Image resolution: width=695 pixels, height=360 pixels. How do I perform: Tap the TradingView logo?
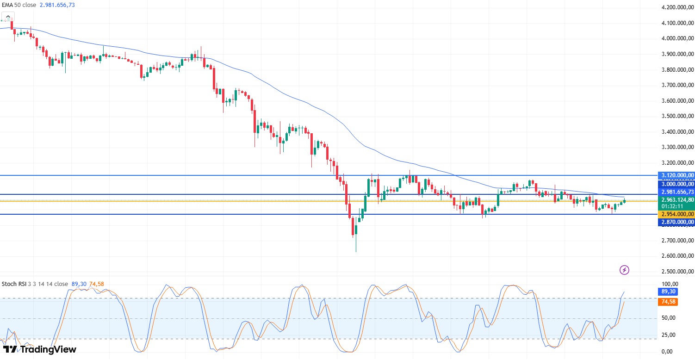[x=40, y=349]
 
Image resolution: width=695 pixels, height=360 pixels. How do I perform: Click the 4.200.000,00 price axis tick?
[x=677, y=7]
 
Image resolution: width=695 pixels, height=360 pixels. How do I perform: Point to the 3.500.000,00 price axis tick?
[x=677, y=116]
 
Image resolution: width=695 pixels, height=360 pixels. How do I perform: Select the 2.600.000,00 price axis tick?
[x=677, y=256]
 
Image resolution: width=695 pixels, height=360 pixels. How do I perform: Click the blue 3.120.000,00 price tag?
[x=676, y=175]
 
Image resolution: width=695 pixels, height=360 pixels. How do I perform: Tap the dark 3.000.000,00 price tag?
[x=676, y=184]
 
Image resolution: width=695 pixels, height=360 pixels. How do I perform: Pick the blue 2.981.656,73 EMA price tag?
[x=676, y=192]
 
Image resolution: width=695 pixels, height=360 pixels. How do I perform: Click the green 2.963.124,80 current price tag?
[x=676, y=199]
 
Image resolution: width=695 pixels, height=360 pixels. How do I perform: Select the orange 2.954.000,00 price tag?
[x=676, y=214]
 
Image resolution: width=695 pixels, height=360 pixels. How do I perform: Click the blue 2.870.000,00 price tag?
[x=676, y=223]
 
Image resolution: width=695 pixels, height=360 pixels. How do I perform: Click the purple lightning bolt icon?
[x=625, y=270]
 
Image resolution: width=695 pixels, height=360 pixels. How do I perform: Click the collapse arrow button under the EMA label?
[x=7, y=17]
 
